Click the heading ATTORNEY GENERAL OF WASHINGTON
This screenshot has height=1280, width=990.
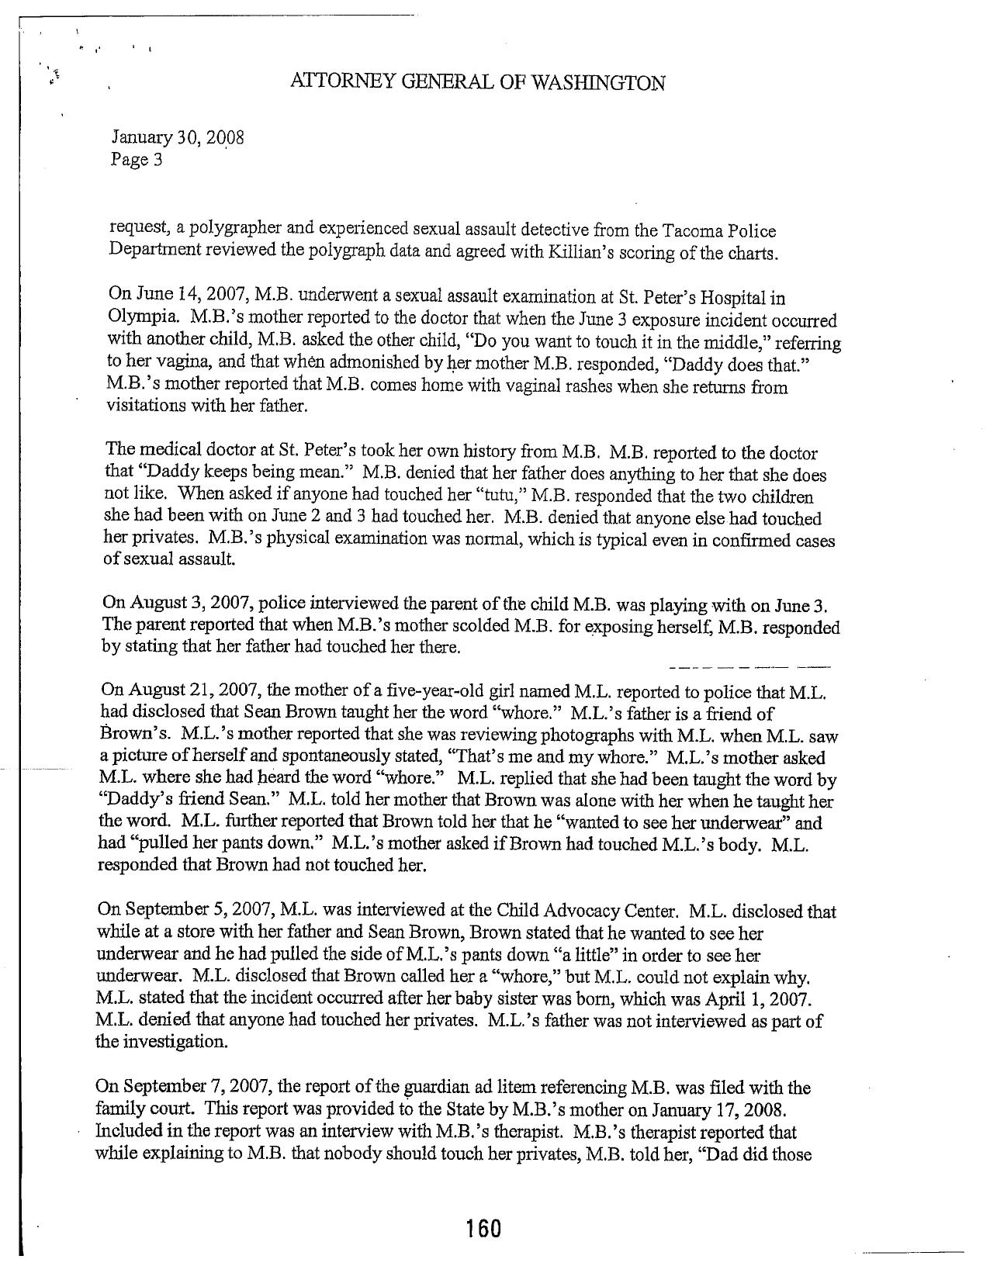coord(476,82)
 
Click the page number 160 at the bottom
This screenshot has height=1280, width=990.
coord(483,1229)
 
